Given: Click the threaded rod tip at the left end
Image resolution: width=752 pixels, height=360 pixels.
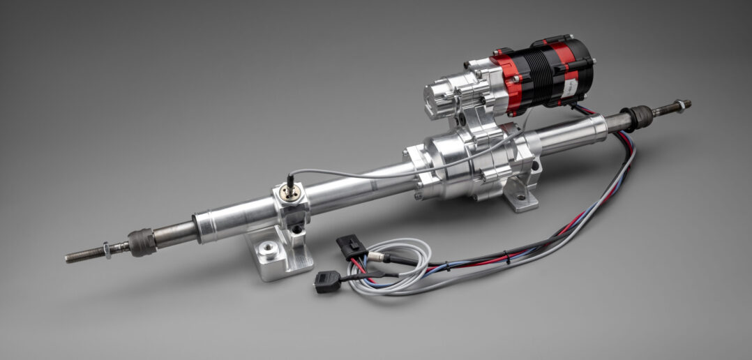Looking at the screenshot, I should click(70, 258).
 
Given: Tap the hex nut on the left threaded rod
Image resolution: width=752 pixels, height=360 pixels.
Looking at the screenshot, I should click(106, 249).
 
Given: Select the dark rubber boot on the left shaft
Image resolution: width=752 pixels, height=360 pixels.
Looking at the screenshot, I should click(142, 242).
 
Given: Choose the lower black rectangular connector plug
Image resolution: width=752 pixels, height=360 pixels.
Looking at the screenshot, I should click(326, 280).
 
